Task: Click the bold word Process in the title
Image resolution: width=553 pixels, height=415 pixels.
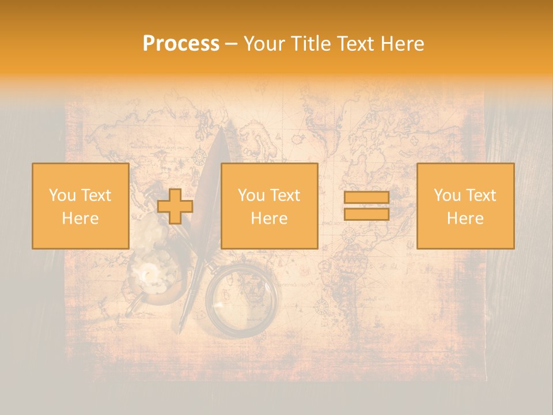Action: coord(181,44)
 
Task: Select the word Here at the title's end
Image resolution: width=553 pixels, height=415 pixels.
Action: coord(402,44)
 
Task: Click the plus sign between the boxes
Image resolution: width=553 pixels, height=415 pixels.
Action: coord(175,206)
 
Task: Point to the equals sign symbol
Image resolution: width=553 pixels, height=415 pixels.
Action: coord(366,206)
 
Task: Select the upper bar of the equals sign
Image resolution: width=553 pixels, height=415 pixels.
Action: coord(366,198)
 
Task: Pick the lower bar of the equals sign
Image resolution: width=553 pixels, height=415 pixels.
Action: coord(366,214)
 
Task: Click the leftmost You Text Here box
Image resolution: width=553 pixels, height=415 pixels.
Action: coord(80,206)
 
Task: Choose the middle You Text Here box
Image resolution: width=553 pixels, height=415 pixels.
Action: coord(269,206)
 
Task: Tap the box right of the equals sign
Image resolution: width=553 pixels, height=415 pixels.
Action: coord(465,206)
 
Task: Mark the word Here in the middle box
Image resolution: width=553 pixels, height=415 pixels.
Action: coord(269,218)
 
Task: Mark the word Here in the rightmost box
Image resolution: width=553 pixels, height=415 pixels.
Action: coord(465,218)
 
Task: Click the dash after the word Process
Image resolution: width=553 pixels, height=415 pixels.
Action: coord(231,44)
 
